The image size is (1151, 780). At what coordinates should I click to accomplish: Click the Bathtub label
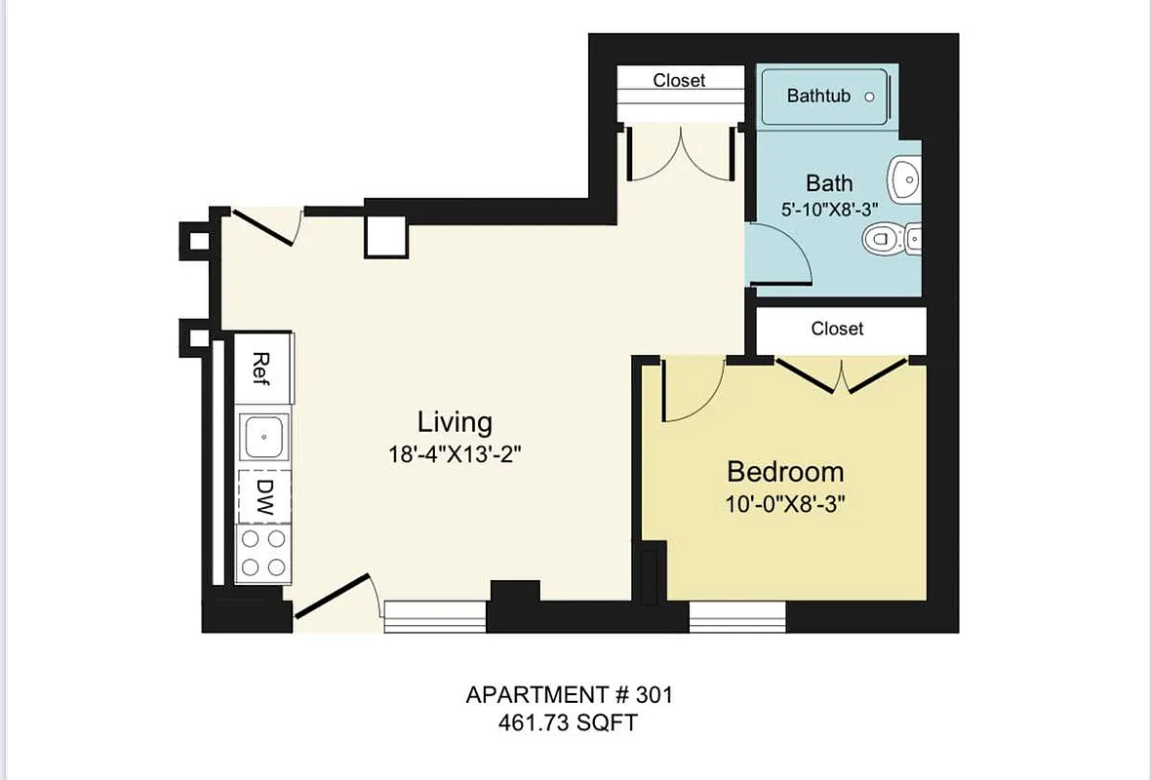pos(818,96)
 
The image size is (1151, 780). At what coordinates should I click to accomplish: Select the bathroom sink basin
pos(904,178)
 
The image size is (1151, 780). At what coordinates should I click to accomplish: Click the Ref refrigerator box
pos(261,368)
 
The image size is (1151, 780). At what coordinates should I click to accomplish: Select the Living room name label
pos(455,422)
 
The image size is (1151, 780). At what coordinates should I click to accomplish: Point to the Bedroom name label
pos(785,472)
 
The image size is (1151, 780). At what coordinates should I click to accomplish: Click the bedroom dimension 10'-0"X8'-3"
pos(785,505)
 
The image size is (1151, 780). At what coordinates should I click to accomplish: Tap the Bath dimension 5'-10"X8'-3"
pos(829,209)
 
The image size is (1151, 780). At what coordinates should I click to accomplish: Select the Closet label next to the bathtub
pos(679,80)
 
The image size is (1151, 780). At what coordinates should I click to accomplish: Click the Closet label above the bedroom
pos(837,330)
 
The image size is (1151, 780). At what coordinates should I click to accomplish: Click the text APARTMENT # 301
pos(570,695)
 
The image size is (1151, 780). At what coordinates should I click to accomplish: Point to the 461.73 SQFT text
pos(570,722)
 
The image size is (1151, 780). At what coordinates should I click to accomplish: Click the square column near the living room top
pos(386,235)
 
